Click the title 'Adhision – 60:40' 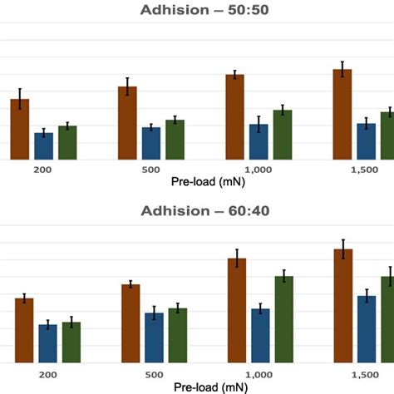coord(196,210)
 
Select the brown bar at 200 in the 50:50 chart coord(20,130)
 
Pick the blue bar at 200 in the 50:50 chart coord(44,146)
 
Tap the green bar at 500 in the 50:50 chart coord(175,140)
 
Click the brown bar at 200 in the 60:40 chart coord(24,330)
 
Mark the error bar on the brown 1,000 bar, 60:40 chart coord(238,259)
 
